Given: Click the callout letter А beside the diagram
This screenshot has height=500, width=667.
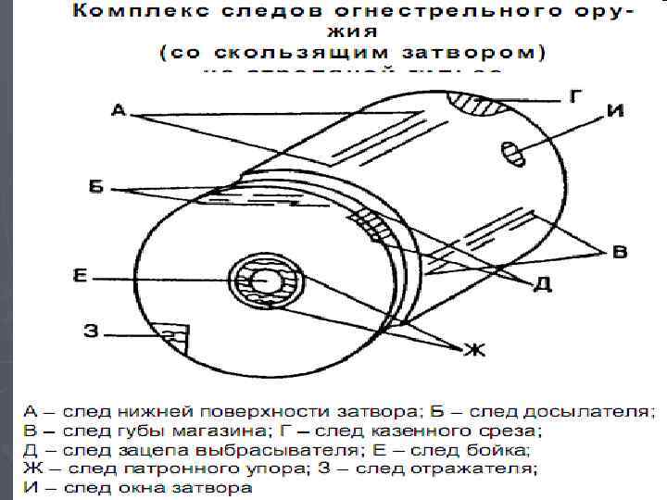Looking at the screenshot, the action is (x=118, y=112).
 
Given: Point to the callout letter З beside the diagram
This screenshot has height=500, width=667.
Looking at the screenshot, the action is (x=91, y=330).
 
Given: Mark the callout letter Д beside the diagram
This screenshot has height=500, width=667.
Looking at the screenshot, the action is (x=544, y=283).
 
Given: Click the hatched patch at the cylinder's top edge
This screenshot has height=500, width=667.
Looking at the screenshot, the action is (x=489, y=106).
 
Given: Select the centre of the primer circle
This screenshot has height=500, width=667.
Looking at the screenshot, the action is (x=266, y=281).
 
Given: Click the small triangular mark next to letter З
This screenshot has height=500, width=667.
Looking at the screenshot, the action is (x=176, y=335).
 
